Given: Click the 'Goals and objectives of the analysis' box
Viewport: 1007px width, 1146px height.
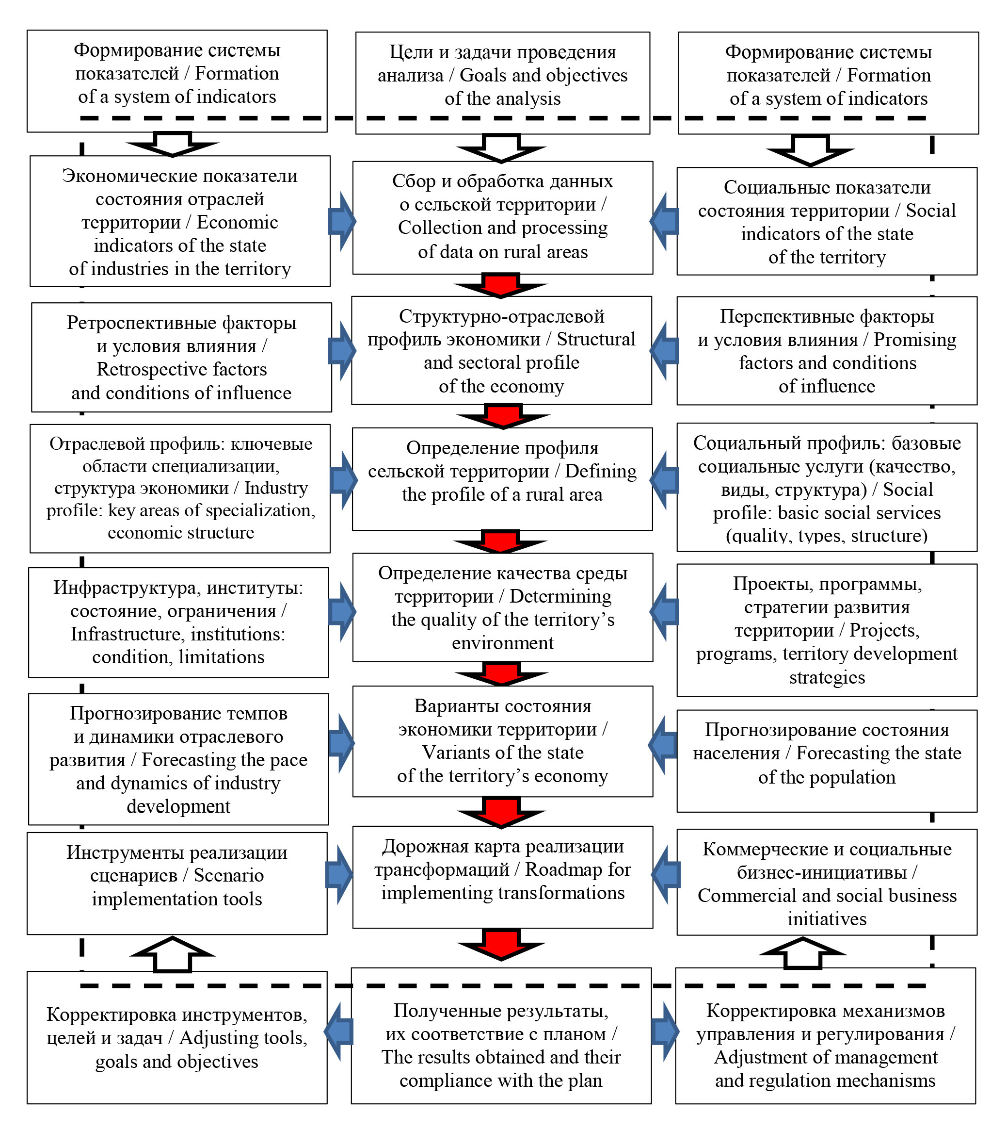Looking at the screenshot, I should tap(502, 82).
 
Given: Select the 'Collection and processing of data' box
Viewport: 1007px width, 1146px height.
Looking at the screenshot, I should tap(502, 217).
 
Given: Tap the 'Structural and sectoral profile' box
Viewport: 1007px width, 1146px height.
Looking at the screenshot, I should tap(501, 350).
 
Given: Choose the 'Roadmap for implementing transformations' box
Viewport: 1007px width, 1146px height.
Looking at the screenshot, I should tap(502, 876).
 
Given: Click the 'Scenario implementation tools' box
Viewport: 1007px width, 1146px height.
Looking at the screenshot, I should tap(176, 883).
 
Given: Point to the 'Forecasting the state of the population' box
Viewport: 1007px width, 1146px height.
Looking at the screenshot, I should tap(827, 760).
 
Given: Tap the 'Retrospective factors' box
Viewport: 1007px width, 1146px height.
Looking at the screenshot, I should tap(181, 357).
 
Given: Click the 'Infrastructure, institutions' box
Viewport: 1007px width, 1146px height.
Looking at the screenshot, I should tap(178, 622).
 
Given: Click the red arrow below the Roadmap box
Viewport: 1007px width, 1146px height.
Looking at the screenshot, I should tap(501, 943).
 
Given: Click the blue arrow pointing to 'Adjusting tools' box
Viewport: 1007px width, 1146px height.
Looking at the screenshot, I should tap(339, 1031).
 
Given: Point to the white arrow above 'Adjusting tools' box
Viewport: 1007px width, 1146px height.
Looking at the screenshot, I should tap(173, 953).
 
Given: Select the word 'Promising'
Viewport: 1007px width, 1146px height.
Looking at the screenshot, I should tap(914, 340).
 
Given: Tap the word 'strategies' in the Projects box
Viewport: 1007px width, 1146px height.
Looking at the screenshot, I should tap(827, 677).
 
